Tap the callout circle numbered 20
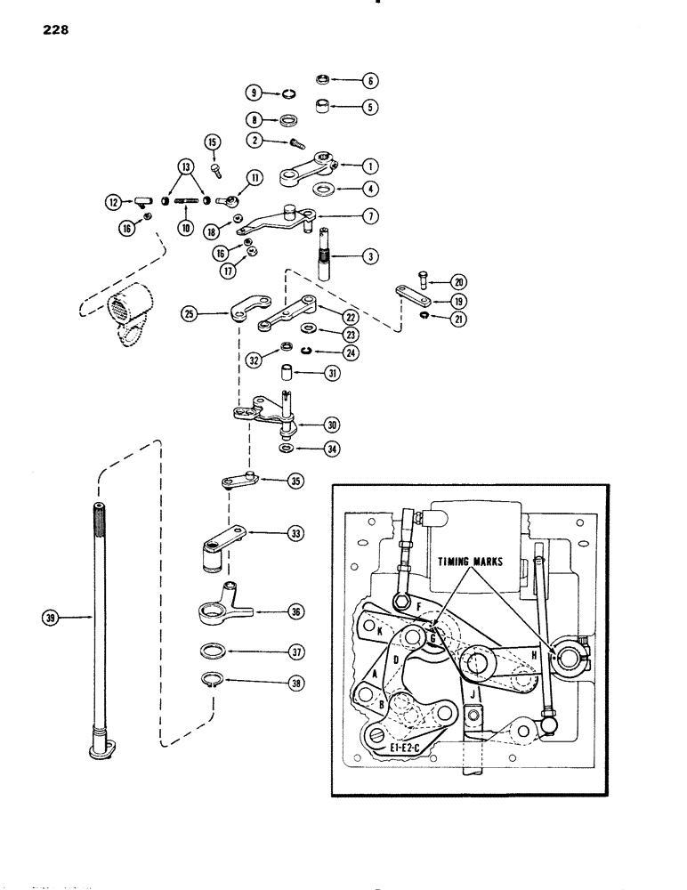pos(457,279)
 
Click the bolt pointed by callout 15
pos(215,166)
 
